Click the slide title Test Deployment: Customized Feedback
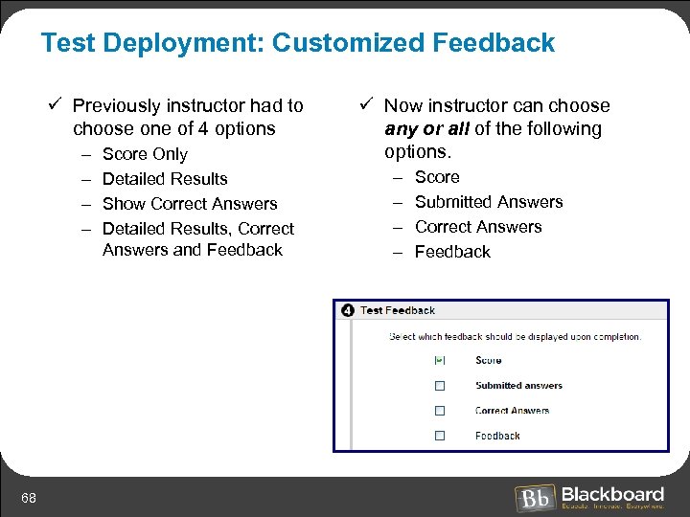pyautogui.click(x=298, y=43)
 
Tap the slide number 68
pyautogui.click(x=29, y=497)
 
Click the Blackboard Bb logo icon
pyautogui.click(x=534, y=498)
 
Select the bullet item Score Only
pyautogui.click(x=145, y=154)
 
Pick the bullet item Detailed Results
pyautogui.click(x=165, y=179)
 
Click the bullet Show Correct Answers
pyautogui.click(x=190, y=204)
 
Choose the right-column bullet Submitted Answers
pyautogui.click(x=489, y=202)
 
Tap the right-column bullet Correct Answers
pyautogui.click(x=478, y=227)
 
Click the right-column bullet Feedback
pyautogui.click(x=452, y=252)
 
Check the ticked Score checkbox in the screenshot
pyautogui.click(x=440, y=360)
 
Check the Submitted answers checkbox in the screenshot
pyautogui.click(x=440, y=386)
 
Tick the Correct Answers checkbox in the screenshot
pyautogui.click(x=440, y=411)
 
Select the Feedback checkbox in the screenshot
pyautogui.click(x=440, y=436)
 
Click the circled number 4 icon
pyautogui.click(x=347, y=310)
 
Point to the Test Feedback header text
pyautogui.click(x=398, y=310)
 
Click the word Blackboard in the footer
pyautogui.click(x=612, y=493)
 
